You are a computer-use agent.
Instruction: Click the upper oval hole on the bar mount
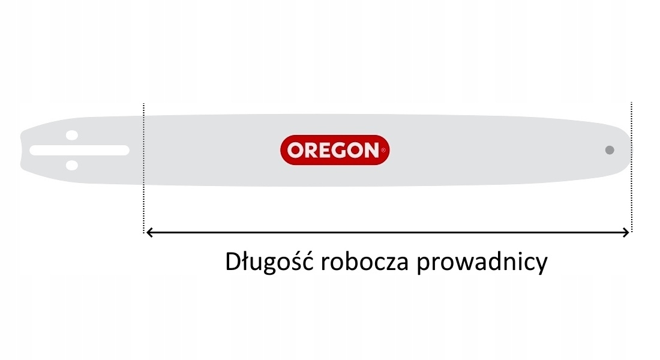click(72, 135)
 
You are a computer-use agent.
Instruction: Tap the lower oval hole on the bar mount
click(72, 165)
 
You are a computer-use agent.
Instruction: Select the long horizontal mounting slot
click(80, 151)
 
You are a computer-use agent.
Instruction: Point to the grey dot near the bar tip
click(610, 150)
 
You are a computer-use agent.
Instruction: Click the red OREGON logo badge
click(335, 150)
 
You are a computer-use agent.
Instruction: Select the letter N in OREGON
click(372, 151)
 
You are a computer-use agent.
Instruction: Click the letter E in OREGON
click(325, 151)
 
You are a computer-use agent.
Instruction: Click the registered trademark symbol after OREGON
click(383, 150)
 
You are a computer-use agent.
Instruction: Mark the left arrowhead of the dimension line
click(149, 232)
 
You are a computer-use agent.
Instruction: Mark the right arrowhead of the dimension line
click(626, 232)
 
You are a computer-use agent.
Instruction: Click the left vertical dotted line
click(143, 167)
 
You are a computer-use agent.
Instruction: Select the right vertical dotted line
click(631, 167)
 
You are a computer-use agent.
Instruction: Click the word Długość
click(269, 262)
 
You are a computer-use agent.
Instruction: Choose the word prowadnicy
click(482, 263)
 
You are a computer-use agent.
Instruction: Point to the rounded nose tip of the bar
click(630, 150)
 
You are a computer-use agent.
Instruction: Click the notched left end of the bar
click(21, 151)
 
